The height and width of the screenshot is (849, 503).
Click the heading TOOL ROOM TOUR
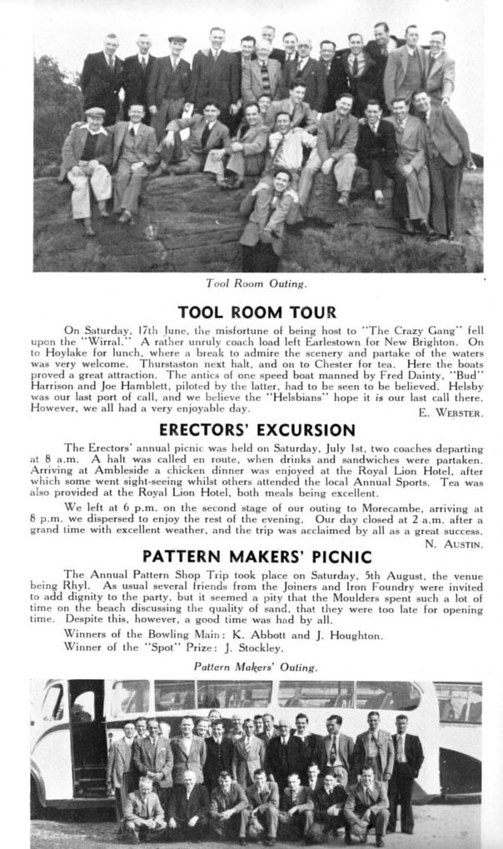pyautogui.click(x=256, y=313)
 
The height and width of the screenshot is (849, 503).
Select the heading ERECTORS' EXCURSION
pyautogui.click(x=256, y=431)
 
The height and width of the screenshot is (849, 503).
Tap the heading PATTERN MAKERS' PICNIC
pyautogui.click(x=256, y=556)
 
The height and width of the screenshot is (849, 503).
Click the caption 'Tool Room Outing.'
pyautogui.click(x=256, y=283)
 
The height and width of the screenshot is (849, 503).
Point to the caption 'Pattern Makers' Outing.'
pyautogui.click(x=255, y=667)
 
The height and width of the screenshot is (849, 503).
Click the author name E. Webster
pyautogui.click(x=447, y=412)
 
